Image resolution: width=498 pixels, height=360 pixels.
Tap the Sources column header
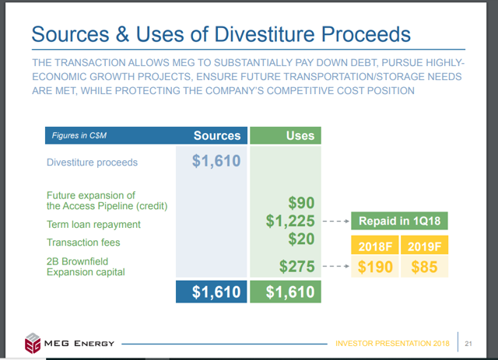point(217,135)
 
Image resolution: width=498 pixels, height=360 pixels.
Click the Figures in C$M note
point(79,135)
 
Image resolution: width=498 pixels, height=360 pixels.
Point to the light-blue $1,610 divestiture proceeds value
point(216,161)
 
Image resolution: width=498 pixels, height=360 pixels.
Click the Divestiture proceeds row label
point(92,163)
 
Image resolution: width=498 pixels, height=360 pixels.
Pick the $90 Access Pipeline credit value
point(301,202)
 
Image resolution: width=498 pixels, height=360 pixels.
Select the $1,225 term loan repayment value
point(290,221)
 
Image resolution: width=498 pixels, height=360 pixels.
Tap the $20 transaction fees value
point(301,239)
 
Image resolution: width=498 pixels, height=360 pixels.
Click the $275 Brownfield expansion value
point(297,267)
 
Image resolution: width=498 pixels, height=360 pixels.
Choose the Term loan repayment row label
point(93,225)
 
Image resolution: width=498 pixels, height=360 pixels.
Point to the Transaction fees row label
point(83,243)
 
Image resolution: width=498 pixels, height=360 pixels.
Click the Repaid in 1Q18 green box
point(399,221)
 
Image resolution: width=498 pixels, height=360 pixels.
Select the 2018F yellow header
point(375,245)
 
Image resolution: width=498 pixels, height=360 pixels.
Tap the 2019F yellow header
point(424,245)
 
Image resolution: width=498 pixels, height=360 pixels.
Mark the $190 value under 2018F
point(375,267)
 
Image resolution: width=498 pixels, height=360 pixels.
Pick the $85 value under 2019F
point(424,267)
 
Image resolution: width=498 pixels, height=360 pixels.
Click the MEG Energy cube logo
point(33,343)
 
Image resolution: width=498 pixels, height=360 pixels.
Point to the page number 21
point(468,344)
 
